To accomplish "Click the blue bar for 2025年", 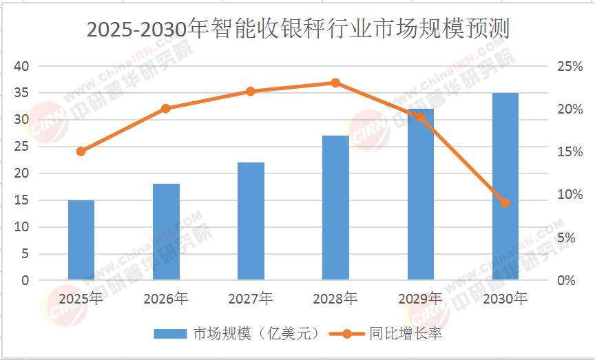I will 81,240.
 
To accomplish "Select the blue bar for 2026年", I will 166,232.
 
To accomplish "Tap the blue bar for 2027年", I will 251,221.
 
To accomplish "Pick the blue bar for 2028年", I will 335,208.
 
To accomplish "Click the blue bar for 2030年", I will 505,187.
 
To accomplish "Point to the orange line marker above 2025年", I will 81,151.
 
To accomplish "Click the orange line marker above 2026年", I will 166,108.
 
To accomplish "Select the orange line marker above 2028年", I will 335,83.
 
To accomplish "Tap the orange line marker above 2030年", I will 505,203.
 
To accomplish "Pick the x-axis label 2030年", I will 505,299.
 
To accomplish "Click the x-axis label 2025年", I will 81,299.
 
